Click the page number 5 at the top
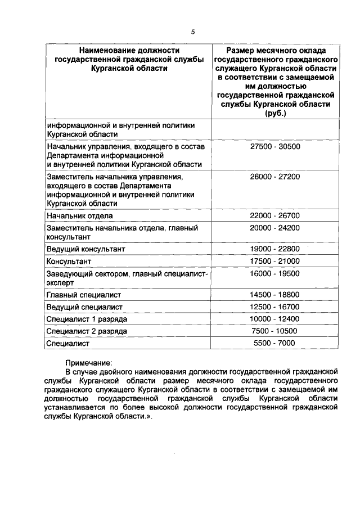click(x=192, y=32)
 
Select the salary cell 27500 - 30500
click(x=275, y=146)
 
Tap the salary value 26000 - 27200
click(x=275, y=176)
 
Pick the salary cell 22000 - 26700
click(x=275, y=215)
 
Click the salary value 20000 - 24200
click(x=275, y=228)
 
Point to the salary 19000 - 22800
click(x=275, y=249)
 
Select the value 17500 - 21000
click(x=275, y=261)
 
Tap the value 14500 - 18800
click(x=275, y=294)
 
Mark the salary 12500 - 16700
click(x=275, y=307)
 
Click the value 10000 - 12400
click(x=275, y=319)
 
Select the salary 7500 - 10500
click(x=275, y=331)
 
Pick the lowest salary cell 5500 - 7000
click(x=275, y=343)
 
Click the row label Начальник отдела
click(x=80, y=215)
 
